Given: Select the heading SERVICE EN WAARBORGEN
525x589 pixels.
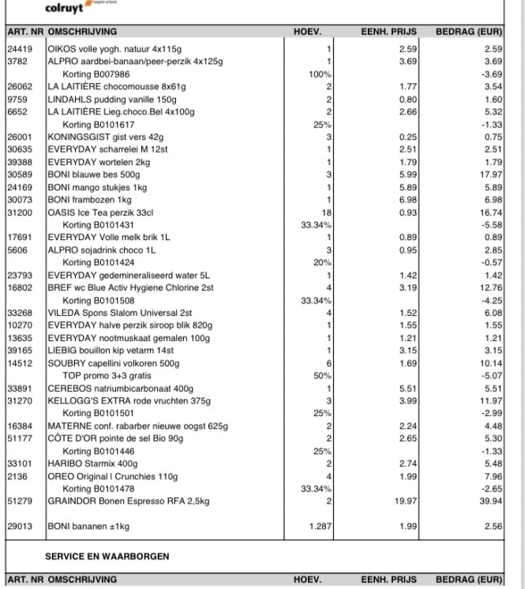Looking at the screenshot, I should click(107, 557).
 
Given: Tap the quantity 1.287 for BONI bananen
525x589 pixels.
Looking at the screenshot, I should click(317, 526).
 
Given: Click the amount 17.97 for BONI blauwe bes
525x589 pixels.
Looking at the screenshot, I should click(491, 174).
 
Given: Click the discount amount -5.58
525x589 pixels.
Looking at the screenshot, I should click(492, 225).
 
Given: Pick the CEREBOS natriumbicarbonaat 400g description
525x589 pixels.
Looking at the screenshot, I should click(120, 388).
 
